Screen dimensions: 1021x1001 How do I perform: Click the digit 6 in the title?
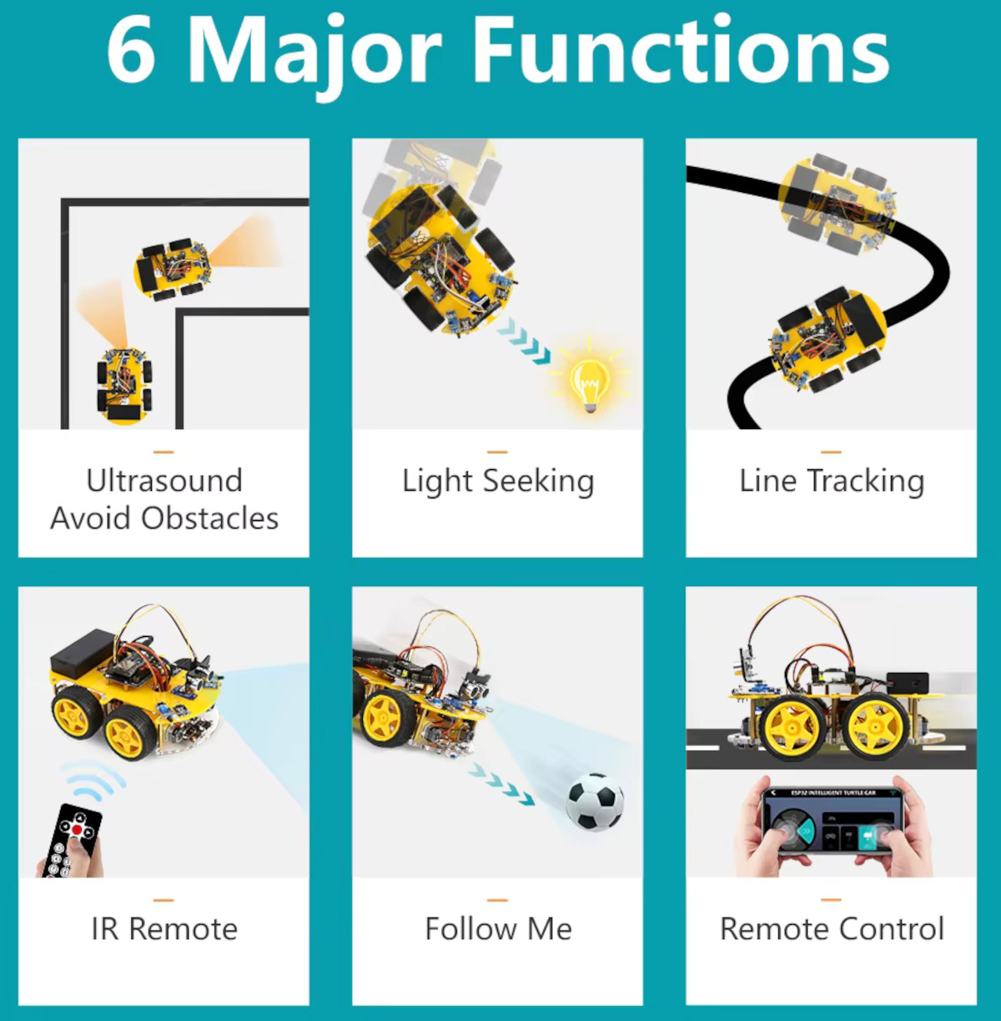(x=132, y=50)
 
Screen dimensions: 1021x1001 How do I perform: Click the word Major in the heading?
(x=315, y=52)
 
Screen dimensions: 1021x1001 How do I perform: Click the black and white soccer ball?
(x=595, y=801)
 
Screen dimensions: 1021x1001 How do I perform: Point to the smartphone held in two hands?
(x=832, y=821)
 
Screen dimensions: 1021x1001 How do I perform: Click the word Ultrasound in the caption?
(x=164, y=481)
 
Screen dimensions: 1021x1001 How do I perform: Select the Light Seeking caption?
(x=498, y=482)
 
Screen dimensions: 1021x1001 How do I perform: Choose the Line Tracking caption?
(x=832, y=482)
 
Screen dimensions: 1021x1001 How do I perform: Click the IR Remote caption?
(x=164, y=929)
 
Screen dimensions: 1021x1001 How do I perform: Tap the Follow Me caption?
(x=498, y=929)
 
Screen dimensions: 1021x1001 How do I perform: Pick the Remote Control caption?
(x=832, y=929)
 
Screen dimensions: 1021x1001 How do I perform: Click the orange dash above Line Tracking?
(x=831, y=452)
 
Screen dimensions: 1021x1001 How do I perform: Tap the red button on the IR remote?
(x=78, y=829)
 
